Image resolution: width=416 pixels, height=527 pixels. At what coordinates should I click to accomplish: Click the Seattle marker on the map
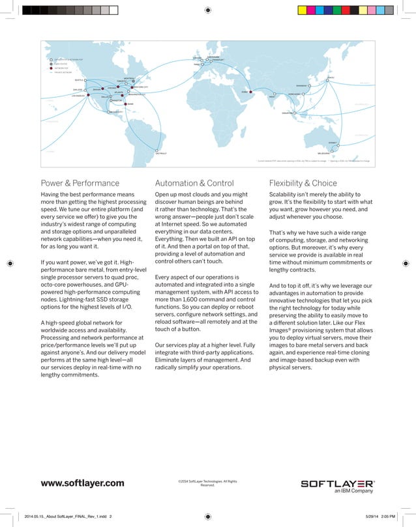pyautogui.click(x=85, y=81)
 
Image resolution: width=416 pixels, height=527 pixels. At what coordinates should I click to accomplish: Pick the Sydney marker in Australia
pyautogui.click(x=340, y=143)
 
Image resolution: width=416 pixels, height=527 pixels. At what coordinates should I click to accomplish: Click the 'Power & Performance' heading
pyautogui.click(x=80, y=183)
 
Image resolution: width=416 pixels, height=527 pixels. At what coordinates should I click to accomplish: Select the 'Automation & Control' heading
pyautogui.click(x=194, y=183)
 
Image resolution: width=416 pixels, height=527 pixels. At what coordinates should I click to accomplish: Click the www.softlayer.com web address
pyautogui.click(x=82, y=483)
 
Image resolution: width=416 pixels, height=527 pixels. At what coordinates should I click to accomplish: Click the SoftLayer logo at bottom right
pyautogui.click(x=336, y=483)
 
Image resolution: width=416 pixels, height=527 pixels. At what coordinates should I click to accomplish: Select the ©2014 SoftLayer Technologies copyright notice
pyautogui.click(x=207, y=483)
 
